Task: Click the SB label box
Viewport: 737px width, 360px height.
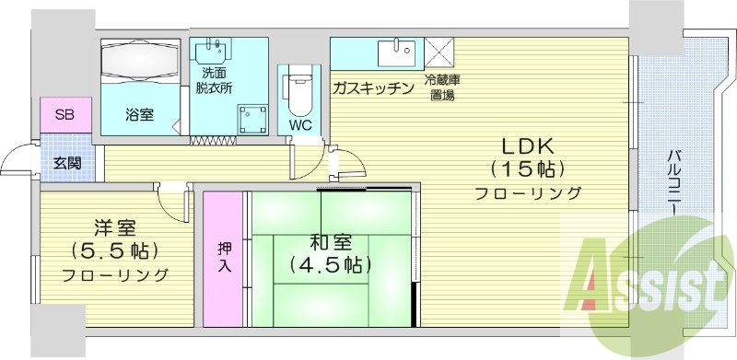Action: coord(65,115)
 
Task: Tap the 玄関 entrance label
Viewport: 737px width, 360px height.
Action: coord(66,163)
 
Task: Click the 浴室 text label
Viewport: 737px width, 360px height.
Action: coord(140,115)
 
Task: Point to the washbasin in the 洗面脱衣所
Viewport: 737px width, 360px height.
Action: coord(214,51)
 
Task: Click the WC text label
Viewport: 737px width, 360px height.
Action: coord(300,125)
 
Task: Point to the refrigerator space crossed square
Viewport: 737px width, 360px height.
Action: coord(437,52)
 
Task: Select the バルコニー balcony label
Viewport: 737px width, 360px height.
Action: coord(674,183)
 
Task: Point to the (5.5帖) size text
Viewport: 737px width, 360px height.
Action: coord(115,250)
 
